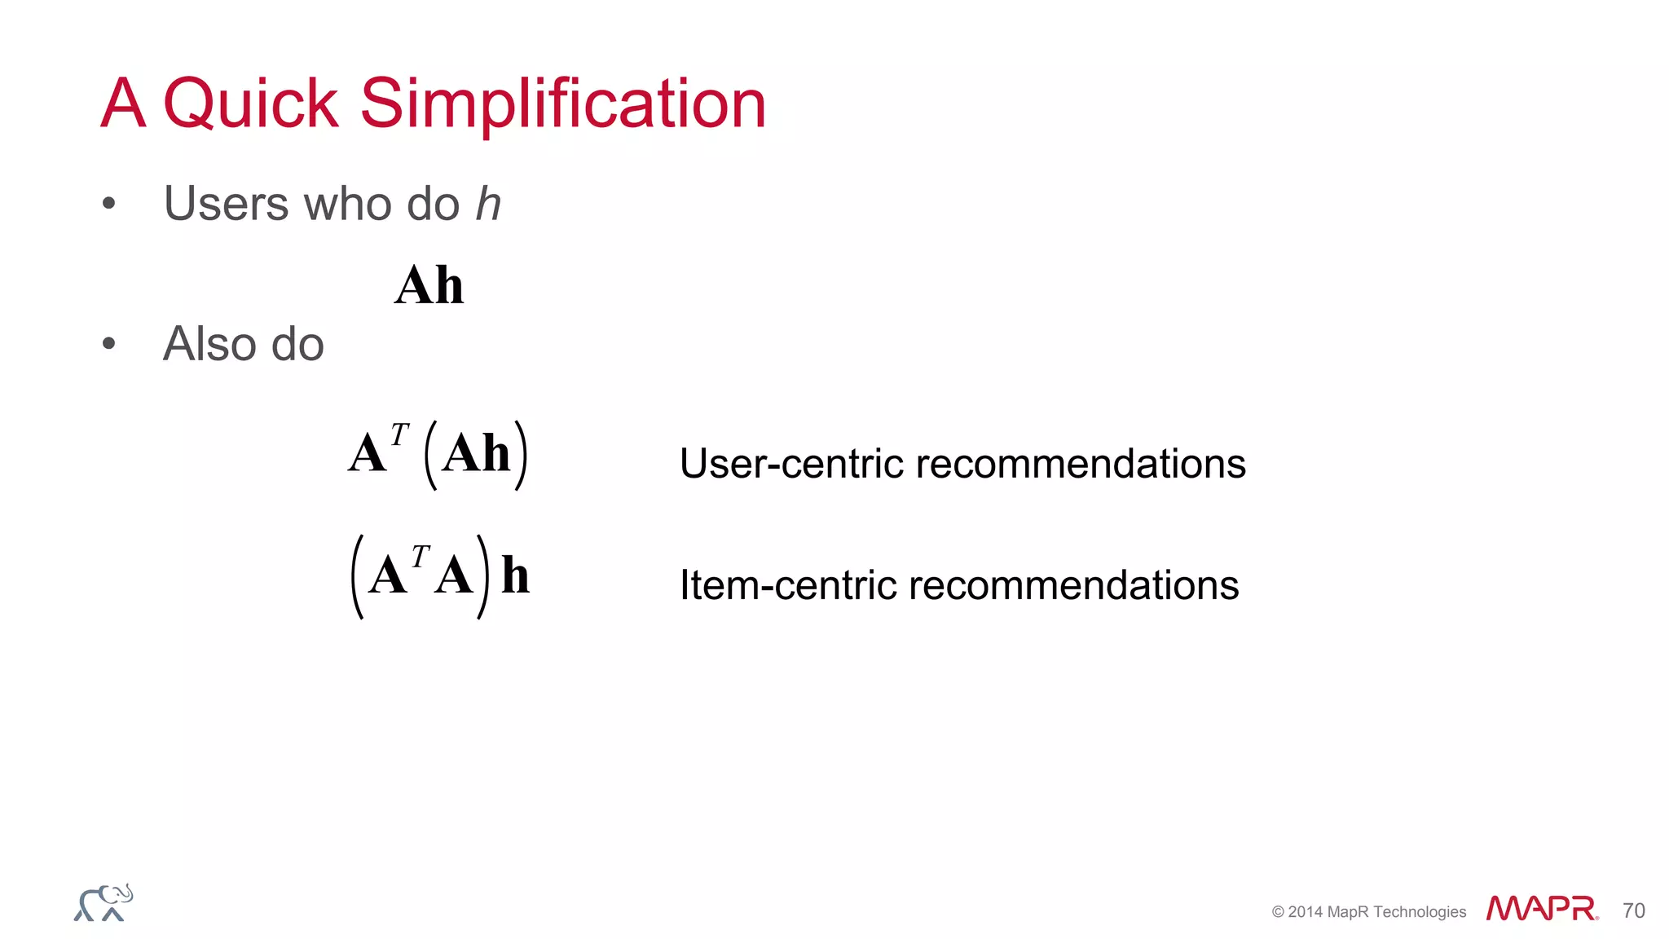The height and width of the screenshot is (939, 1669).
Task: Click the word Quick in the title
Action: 250,104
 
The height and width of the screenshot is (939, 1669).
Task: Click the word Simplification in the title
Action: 562,104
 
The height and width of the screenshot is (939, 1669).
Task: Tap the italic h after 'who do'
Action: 487,203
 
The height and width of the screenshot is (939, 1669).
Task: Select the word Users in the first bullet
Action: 226,203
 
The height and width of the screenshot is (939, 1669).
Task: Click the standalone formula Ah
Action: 429,286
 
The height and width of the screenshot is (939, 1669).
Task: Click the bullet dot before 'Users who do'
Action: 109,203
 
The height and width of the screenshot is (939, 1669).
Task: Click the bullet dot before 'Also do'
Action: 109,344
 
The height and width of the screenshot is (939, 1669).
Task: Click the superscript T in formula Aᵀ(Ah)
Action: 399,435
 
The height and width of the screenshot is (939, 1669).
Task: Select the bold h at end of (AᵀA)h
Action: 515,575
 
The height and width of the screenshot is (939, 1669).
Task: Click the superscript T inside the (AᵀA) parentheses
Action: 420,557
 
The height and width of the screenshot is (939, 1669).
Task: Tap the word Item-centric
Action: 787,585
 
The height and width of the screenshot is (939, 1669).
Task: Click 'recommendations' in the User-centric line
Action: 1081,464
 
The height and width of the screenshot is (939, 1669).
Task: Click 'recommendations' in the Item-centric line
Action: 1073,585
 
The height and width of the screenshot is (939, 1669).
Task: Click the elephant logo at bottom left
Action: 103,903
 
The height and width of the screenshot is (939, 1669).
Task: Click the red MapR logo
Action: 1541,908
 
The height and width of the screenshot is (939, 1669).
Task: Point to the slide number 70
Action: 1633,910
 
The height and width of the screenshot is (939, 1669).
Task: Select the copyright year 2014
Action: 1306,912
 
